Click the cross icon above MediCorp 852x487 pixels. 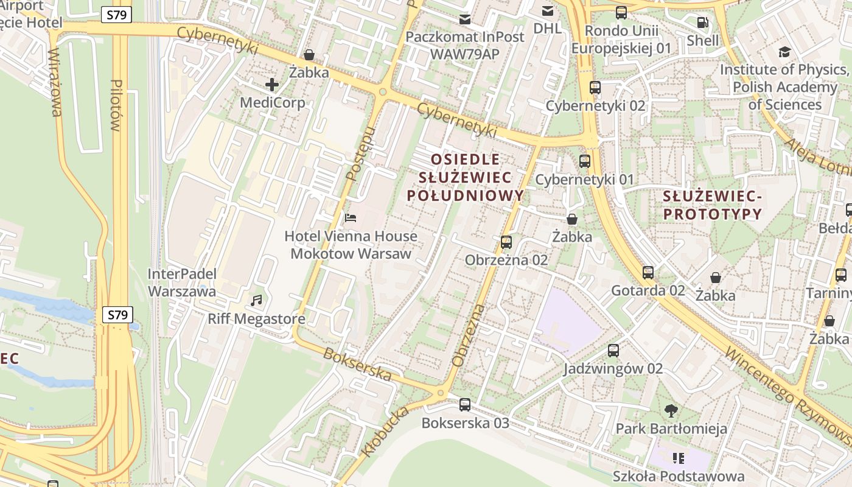(272, 84)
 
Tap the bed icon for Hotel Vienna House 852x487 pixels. (351, 217)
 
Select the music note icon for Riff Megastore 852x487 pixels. (257, 300)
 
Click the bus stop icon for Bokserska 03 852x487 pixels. (465, 404)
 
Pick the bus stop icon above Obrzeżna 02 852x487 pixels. (506, 242)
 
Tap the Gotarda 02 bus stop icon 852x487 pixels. (648, 272)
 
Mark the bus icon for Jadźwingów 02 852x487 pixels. (613, 351)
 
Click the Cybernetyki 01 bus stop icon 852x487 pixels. (585, 161)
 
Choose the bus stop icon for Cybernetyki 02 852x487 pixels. (595, 88)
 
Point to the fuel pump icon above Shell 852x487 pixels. (702, 23)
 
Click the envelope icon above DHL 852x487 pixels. (548, 10)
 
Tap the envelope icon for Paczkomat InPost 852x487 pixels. (465, 19)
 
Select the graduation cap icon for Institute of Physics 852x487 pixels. (784, 52)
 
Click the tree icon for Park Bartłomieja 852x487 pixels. (671, 410)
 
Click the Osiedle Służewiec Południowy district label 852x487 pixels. (465, 177)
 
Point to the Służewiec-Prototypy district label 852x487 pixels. (712, 205)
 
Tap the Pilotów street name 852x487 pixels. (116, 105)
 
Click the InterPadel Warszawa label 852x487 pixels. (182, 282)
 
